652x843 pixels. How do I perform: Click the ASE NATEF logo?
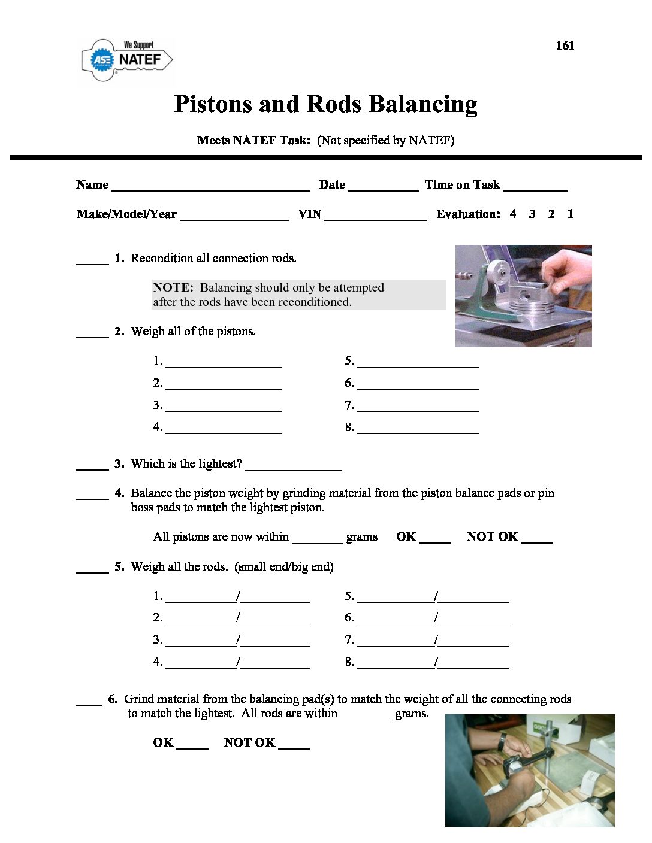(x=126, y=60)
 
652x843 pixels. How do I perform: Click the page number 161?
(x=565, y=46)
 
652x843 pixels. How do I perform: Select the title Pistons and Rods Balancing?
(x=325, y=104)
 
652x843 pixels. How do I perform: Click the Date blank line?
(x=382, y=186)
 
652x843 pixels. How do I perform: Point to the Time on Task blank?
(x=535, y=186)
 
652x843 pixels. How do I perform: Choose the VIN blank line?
(x=375, y=215)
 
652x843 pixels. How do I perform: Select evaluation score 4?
(x=513, y=214)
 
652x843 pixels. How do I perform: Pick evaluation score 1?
(x=570, y=214)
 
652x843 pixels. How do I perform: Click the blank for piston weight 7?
(x=418, y=407)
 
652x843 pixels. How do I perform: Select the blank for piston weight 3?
(x=223, y=407)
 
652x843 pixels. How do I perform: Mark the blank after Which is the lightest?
(x=293, y=465)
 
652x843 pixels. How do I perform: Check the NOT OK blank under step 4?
(x=537, y=538)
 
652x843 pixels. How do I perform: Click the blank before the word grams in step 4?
(x=317, y=538)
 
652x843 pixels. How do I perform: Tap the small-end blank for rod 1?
(x=200, y=597)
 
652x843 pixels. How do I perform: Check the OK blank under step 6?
(x=192, y=744)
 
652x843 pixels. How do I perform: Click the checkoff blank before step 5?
(x=92, y=568)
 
